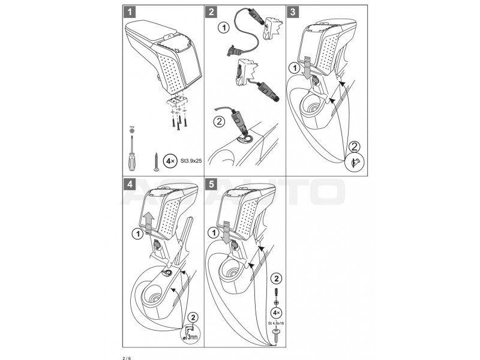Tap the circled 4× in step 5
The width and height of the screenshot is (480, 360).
click(276, 313)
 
